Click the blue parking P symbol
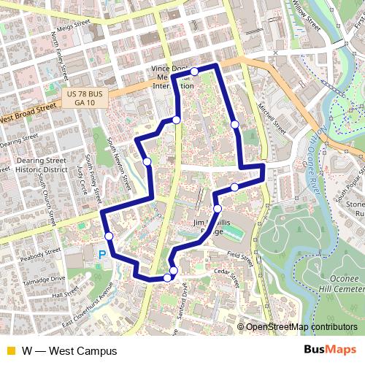pos(102,255)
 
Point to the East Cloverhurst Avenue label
pos(88,313)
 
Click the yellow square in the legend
pos(9,351)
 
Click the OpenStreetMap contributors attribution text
pos(301,327)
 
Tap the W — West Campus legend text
pos(69,351)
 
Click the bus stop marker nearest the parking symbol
pos(109,236)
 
